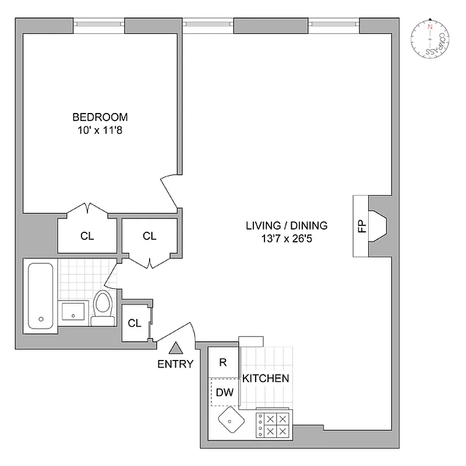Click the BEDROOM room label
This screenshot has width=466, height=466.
(x=100, y=116)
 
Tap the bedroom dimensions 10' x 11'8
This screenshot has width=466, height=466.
(x=100, y=130)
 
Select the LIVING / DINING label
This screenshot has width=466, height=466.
(x=286, y=225)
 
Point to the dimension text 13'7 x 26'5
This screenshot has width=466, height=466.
(x=286, y=238)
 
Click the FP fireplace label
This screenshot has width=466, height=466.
(x=361, y=226)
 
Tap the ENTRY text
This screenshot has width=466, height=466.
(x=175, y=365)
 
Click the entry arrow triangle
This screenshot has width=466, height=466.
(x=175, y=349)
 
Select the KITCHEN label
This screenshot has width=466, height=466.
(x=266, y=378)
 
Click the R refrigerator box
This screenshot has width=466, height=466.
(x=223, y=362)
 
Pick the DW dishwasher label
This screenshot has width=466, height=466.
(x=224, y=392)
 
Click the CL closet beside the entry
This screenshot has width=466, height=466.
(x=135, y=323)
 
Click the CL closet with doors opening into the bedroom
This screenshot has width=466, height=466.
(x=87, y=235)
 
